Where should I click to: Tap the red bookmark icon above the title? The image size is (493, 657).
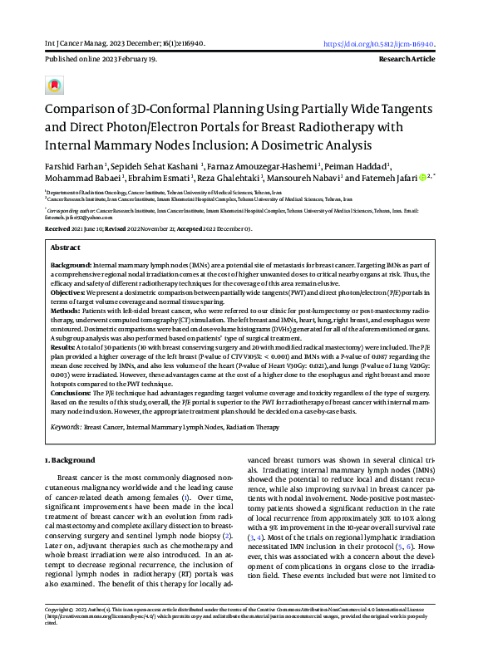pos(54,86)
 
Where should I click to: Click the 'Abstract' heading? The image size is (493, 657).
pos(66,248)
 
